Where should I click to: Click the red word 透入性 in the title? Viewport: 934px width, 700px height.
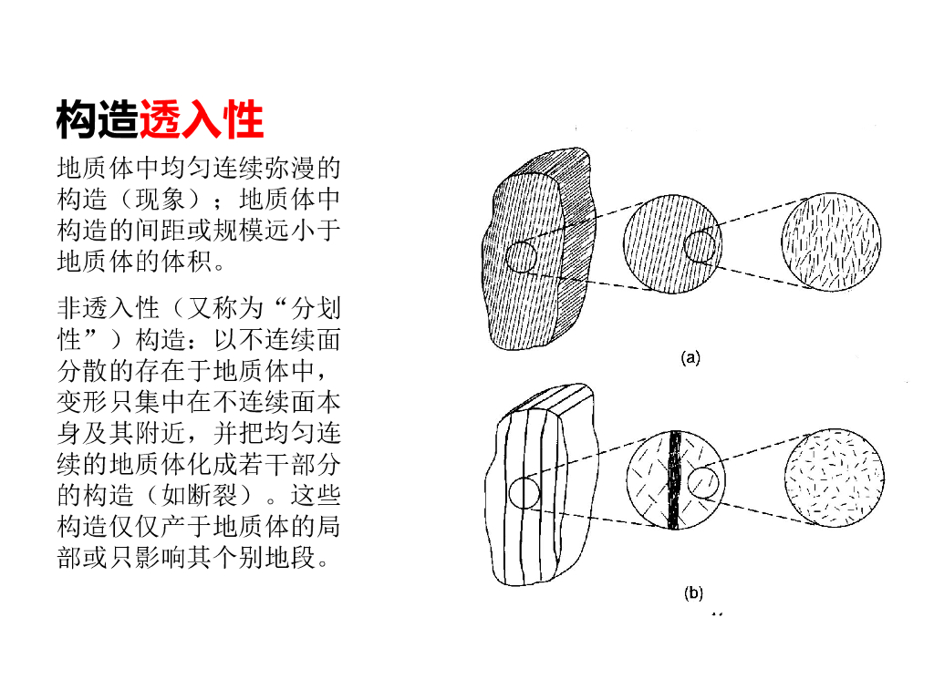(x=202, y=119)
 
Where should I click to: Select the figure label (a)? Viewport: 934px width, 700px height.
(x=690, y=358)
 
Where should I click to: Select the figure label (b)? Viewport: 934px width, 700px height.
(x=693, y=593)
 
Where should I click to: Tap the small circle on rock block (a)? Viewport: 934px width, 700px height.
(x=522, y=257)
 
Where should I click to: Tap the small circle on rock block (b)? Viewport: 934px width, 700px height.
(x=524, y=493)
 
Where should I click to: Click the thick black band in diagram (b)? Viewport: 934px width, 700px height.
(x=674, y=479)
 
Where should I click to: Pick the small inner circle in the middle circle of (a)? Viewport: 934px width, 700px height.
(x=700, y=245)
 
